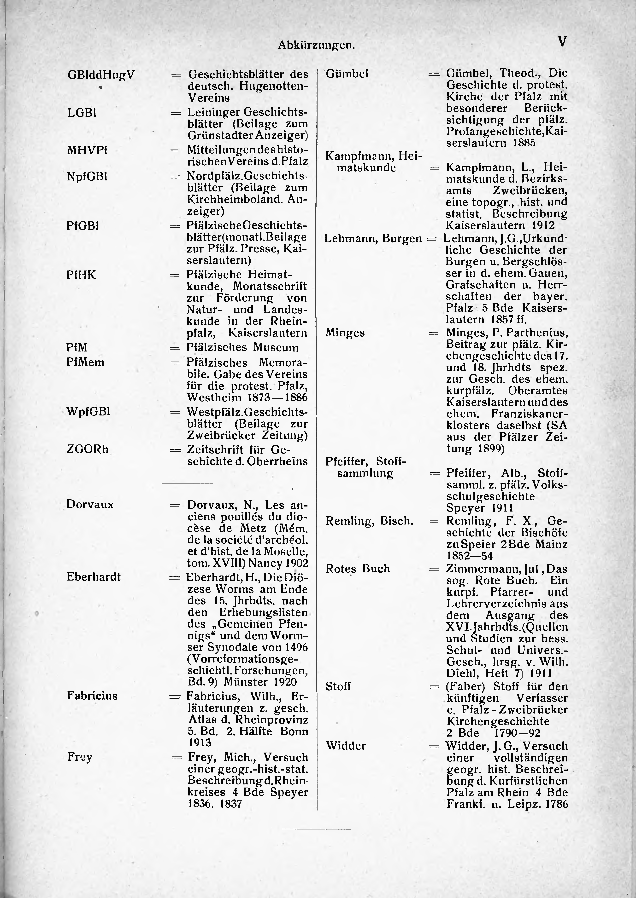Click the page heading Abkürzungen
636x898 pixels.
316,45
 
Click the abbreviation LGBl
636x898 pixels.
82,113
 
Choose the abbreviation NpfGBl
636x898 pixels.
87,177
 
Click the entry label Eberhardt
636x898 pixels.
94,577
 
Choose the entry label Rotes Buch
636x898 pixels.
358,569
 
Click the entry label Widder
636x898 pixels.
346,746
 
